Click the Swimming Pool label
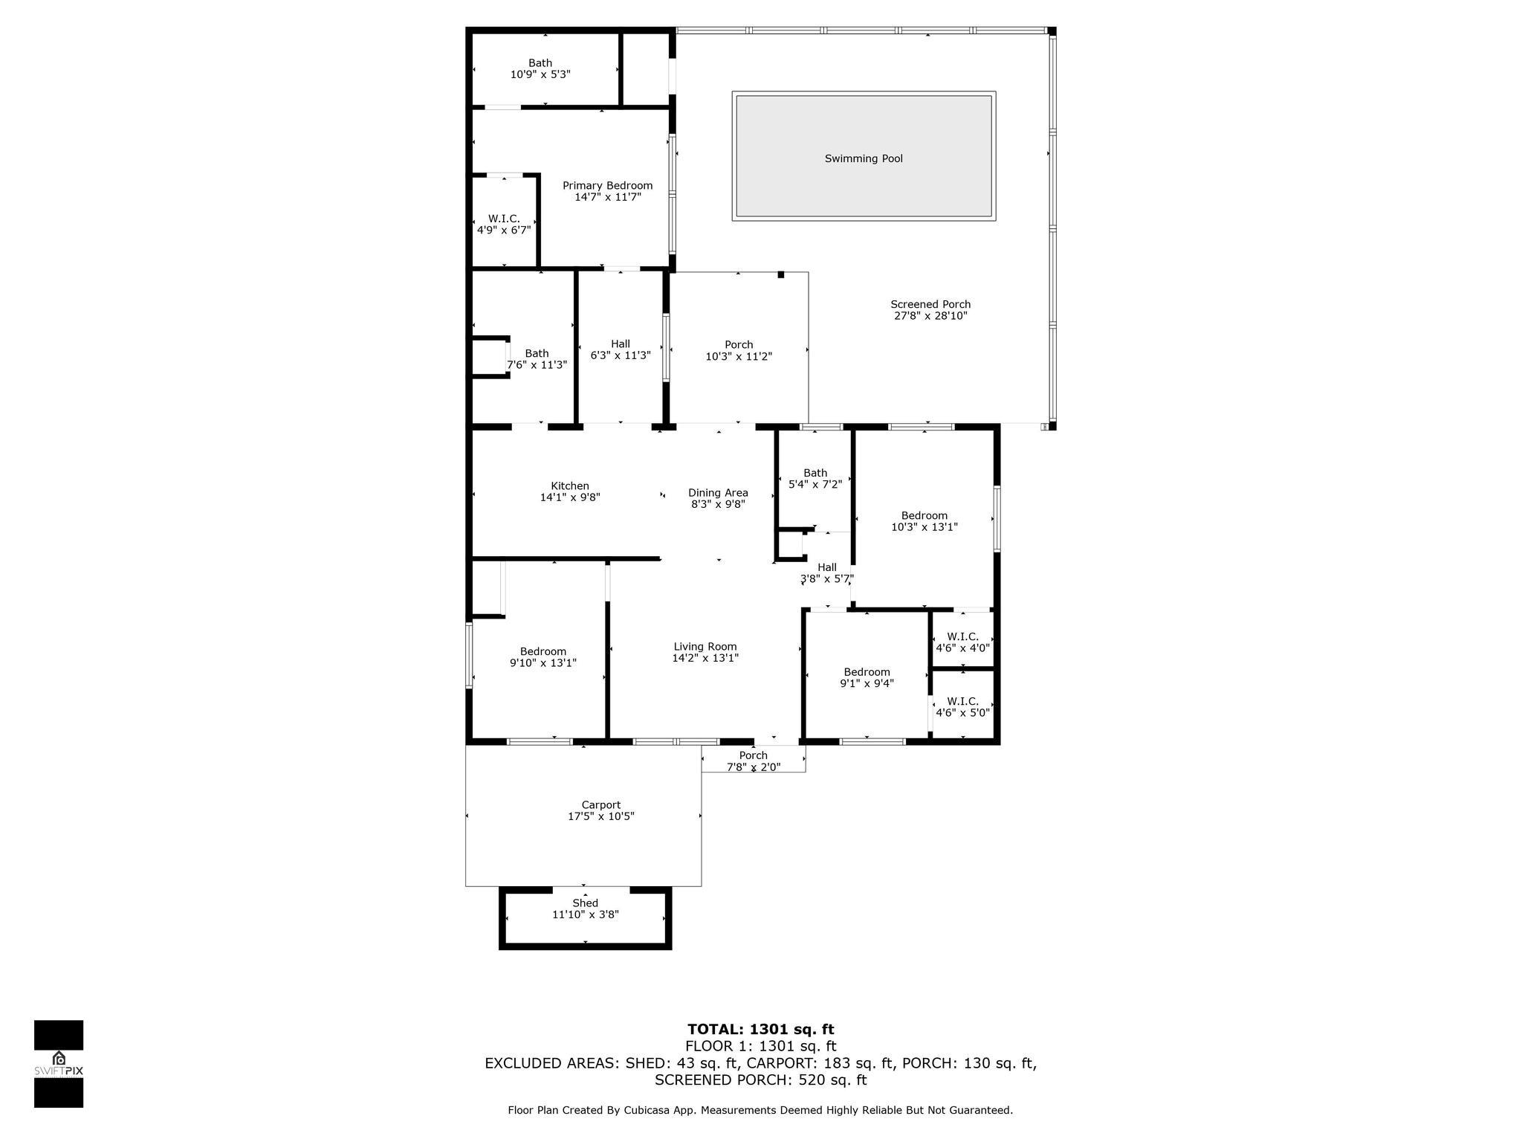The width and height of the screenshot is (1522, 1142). click(864, 158)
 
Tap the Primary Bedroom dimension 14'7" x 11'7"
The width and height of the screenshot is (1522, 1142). click(607, 197)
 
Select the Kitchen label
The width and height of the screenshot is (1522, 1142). click(570, 486)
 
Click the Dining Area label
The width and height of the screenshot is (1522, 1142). click(718, 492)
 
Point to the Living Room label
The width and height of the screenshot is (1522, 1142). click(705, 647)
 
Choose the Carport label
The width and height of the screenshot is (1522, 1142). click(601, 805)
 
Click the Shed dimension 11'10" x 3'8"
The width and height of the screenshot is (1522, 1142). click(586, 914)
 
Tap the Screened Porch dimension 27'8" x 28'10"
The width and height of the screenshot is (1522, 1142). click(930, 315)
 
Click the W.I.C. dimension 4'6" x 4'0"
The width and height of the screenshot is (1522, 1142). click(963, 648)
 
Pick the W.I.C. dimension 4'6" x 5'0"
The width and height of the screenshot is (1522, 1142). click(963, 712)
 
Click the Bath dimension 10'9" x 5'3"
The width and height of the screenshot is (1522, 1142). click(540, 74)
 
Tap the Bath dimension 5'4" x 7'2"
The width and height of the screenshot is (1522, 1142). click(815, 484)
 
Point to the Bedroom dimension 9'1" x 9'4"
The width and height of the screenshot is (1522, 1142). click(867, 683)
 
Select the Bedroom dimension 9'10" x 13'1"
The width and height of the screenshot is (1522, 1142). click(543, 662)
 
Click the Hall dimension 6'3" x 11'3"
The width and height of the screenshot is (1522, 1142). click(621, 355)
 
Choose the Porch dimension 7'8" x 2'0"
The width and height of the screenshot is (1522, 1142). click(754, 767)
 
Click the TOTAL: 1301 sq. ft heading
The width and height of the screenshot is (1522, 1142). click(761, 1029)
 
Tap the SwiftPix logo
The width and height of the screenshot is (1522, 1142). click(59, 1064)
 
